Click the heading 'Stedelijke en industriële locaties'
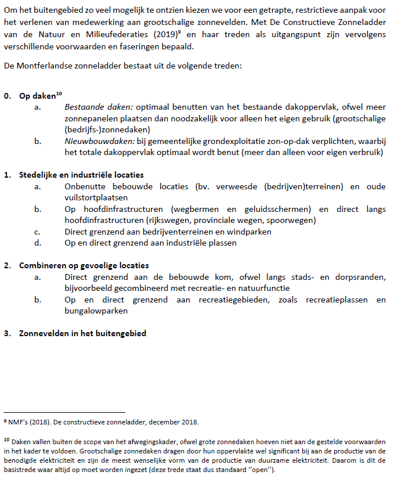[x=81, y=175]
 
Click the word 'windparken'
[x=251, y=232]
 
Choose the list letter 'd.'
[x=38, y=243]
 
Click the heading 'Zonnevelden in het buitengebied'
[x=82, y=333]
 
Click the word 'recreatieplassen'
[x=327, y=300]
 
